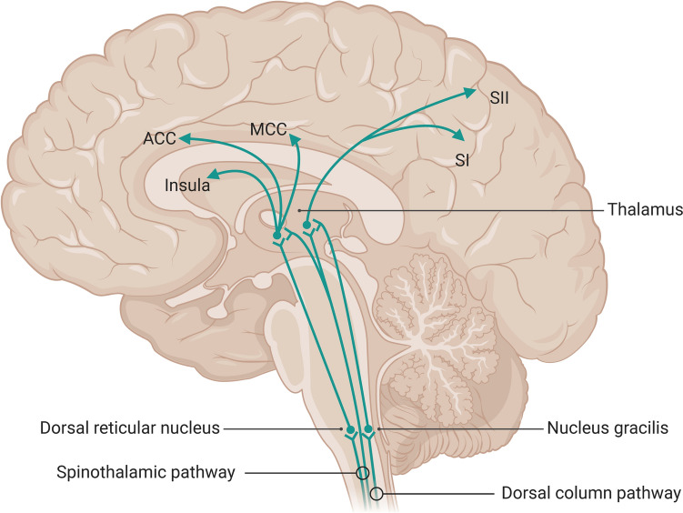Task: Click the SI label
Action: click(x=462, y=160)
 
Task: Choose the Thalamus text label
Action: click(x=645, y=210)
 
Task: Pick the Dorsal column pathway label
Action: click(x=591, y=495)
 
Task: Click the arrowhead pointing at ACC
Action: click(x=185, y=137)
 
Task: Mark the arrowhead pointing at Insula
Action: click(x=212, y=174)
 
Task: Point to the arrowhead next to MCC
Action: click(x=296, y=136)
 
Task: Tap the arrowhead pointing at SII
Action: click(x=470, y=91)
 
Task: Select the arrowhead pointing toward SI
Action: click(x=460, y=136)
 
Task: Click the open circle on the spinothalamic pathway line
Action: click(x=362, y=473)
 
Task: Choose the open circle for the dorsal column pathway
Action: click(x=377, y=495)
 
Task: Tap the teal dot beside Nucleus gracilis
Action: click(x=367, y=428)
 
